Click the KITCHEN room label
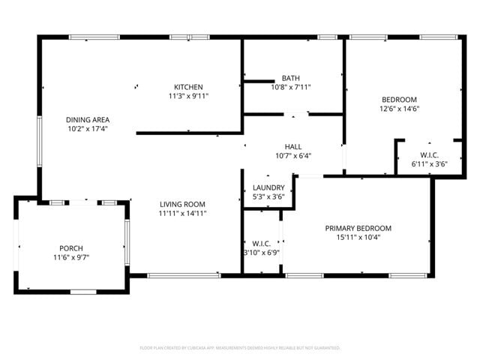(x=188, y=86)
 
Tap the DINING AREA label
(x=88, y=119)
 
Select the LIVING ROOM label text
(x=182, y=203)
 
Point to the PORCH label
(x=71, y=248)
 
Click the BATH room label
(x=290, y=78)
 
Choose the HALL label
(x=292, y=146)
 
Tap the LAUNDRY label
(x=268, y=187)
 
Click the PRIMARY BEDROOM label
(x=358, y=228)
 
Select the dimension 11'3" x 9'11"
(x=188, y=96)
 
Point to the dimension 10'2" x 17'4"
(x=88, y=129)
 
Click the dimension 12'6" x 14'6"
(x=400, y=109)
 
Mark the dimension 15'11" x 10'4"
(x=358, y=238)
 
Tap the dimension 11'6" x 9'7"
(x=71, y=258)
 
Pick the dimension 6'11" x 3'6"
(x=429, y=163)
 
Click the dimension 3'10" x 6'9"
(x=261, y=253)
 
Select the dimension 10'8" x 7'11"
(x=290, y=87)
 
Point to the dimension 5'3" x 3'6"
(x=268, y=197)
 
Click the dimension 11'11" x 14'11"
(x=182, y=213)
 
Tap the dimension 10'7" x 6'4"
(x=292, y=156)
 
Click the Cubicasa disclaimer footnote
(x=240, y=348)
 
